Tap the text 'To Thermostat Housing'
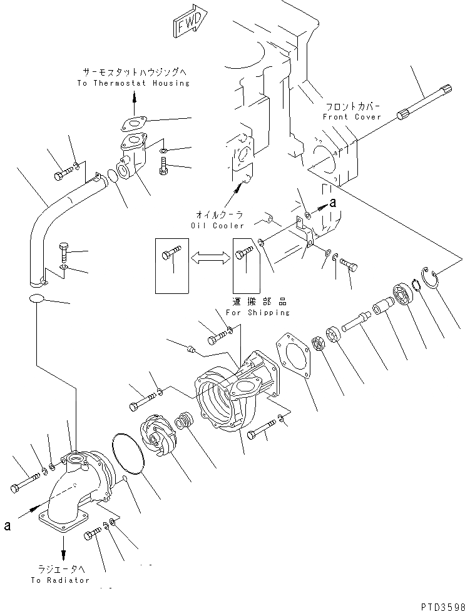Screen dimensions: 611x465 coord(133,83)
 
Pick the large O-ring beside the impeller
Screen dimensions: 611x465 coord(129,451)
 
